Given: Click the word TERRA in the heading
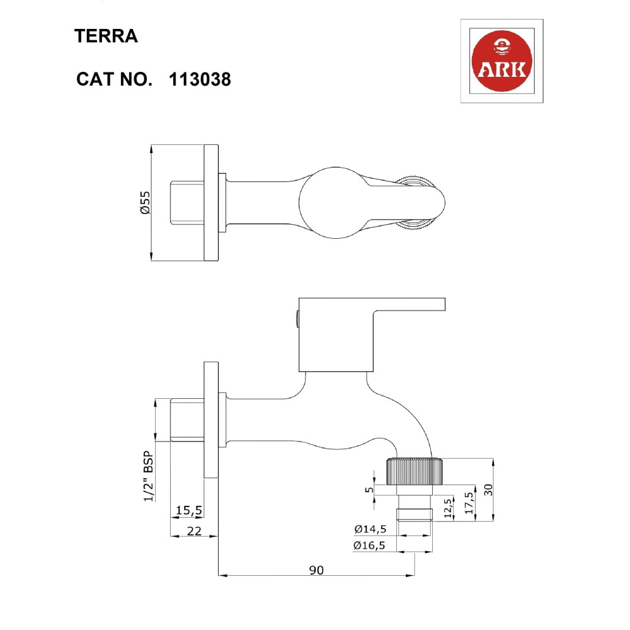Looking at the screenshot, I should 106,36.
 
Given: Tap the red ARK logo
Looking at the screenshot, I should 502,62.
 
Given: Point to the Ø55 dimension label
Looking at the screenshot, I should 144,203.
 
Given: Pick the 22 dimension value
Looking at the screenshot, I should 194,531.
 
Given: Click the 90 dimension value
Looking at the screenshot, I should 316,570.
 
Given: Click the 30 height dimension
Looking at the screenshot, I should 488,490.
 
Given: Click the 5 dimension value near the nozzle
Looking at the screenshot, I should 370,490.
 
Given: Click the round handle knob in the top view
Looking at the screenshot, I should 331,203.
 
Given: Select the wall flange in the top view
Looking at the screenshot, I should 210,203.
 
